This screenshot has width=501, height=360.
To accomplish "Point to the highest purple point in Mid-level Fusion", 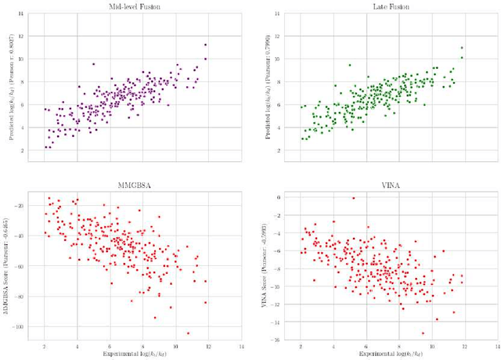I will (205, 45).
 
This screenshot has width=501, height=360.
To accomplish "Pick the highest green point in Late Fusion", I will (462, 48).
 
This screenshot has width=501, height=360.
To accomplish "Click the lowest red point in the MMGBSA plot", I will (188, 333).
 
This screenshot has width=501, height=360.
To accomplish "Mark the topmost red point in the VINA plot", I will (354, 198).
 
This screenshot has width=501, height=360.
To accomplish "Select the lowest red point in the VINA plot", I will (424, 333).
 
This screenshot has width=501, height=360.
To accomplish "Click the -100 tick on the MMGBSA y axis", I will (20, 326).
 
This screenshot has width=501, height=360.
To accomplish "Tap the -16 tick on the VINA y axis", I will (276, 340).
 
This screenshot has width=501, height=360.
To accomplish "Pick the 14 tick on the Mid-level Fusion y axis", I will (21, 14).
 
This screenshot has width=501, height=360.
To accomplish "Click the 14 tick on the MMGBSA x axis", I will (242, 346).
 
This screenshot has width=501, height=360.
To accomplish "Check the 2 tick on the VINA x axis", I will (301, 346).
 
